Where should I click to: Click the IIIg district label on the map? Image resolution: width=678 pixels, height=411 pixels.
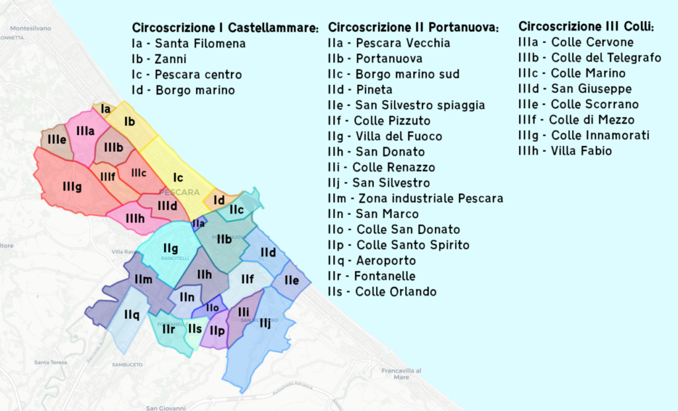(x=72, y=188)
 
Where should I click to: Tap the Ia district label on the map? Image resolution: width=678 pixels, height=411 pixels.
(x=105, y=108)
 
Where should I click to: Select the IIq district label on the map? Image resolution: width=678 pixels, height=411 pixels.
(x=131, y=316)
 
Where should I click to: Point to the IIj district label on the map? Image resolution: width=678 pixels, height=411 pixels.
(x=265, y=323)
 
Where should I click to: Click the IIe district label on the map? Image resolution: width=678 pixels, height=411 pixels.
(x=291, y=280)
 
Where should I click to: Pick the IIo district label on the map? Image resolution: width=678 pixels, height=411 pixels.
(x=212, y=308)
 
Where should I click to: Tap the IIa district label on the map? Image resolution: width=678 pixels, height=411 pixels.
(x=198, y=224)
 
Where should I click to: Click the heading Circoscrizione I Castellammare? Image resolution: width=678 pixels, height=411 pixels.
(x=225, y=28)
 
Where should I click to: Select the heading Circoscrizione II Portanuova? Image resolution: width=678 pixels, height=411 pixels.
(x=414, y=27)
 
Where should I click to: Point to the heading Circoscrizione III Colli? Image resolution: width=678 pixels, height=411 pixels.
(x=586, y=27)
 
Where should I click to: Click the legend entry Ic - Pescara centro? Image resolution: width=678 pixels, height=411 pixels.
(x=187, y=74)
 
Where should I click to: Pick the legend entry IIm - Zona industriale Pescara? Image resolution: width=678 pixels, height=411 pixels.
(x=416, y=198)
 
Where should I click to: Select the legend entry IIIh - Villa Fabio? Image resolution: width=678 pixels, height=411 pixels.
(x=565, y=151)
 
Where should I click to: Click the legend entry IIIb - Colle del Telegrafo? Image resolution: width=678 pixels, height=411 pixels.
(x=589, y=58)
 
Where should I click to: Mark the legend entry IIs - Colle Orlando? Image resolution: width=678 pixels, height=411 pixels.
(x=382, y=292)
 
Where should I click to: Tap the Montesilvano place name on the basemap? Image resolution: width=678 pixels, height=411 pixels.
(x=31, y=29)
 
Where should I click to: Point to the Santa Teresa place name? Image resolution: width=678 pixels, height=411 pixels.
(x=51, y=363)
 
